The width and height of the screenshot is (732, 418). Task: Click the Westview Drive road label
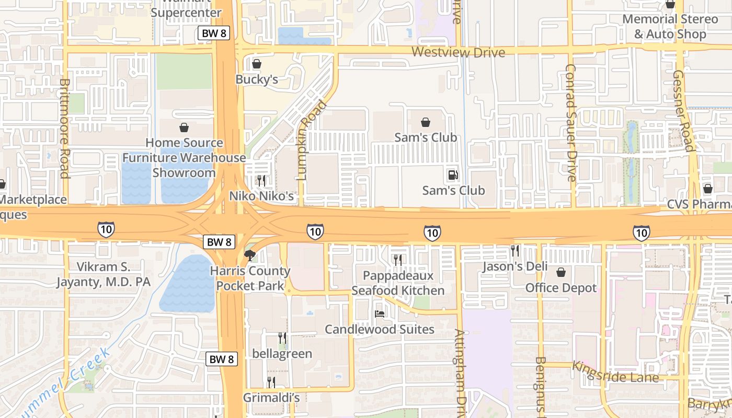pos(458,52)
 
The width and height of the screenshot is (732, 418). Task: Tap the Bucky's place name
pos(256,79)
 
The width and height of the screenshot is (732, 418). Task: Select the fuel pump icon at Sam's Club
pos(453,175)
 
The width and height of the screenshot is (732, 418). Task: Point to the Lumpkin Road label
pos(312,140)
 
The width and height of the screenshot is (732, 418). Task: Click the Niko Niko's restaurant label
pos(261,196)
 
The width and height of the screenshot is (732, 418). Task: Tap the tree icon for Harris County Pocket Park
pos(250,256)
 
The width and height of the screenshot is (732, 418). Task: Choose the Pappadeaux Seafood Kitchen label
pos(398,283)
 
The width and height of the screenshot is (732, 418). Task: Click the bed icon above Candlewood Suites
pos(380,314)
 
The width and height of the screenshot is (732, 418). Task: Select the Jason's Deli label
pos(515,266)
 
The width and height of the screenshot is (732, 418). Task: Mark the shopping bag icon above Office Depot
pos(561,272)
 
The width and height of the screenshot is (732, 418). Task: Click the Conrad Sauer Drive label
pos(570,123)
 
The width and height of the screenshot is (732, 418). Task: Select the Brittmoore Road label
pos(65,128)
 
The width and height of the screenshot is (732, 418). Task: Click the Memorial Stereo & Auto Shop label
pos(670,27)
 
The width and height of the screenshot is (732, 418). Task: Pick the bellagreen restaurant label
pos(282,354)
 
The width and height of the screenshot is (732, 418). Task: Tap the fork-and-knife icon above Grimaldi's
pos(271,382)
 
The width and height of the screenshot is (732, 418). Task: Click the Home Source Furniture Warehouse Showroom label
pos(184,157)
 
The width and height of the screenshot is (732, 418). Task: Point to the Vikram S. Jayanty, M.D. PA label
pos(104,274)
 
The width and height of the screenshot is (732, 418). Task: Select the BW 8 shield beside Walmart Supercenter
pos(213,33)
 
